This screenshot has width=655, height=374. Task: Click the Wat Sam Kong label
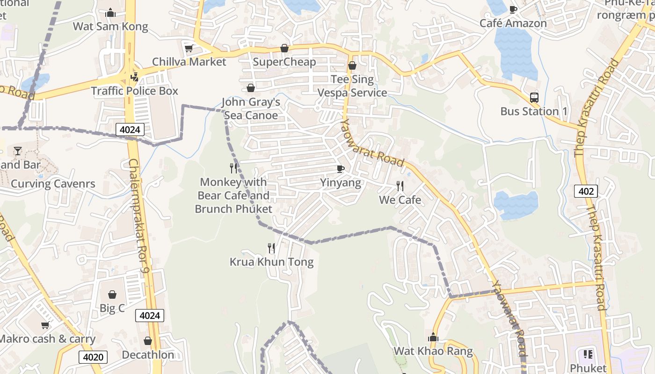[110, 27]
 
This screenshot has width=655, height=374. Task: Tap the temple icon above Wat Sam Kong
[110, 13]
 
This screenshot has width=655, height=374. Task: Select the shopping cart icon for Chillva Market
[189, 48]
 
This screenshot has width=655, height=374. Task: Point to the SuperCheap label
[284, 62]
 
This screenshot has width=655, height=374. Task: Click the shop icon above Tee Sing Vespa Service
[352, 65]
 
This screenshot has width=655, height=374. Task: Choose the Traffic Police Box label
[135, 91]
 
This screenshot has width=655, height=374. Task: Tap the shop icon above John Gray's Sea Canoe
[251, 88]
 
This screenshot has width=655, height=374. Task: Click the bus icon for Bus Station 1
[534, 98]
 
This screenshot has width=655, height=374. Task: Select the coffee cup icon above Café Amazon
[513, 9]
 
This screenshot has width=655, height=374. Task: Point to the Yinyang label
[341, 182]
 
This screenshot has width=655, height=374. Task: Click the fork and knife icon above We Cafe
[400, 186]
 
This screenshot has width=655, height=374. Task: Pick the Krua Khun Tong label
[271, 262]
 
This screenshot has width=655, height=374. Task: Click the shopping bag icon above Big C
[112, 295]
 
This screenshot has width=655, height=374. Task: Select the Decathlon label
[148, 355]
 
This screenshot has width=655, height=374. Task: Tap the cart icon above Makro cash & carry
[45, 325]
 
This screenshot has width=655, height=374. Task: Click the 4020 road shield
[93, 357]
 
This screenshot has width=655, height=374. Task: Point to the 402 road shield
[586, 191]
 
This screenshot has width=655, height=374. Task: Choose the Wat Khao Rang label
[433, 351]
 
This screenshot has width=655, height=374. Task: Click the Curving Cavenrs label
[53, 184]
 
